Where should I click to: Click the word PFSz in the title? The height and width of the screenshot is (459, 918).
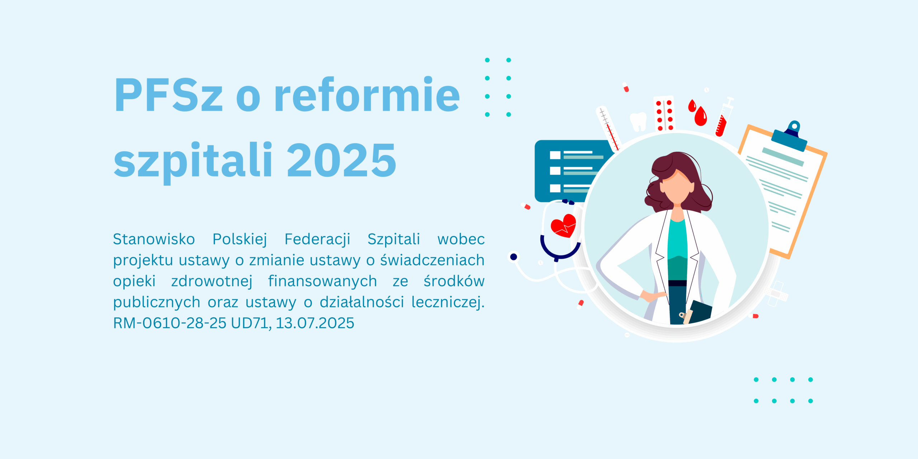169,95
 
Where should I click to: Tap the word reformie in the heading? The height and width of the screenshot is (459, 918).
367,94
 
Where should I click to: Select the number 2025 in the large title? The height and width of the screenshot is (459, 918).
341,160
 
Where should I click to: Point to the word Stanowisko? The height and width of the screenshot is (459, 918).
154,239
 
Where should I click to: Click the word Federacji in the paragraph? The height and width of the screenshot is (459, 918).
317,240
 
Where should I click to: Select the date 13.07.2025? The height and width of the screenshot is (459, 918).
315,323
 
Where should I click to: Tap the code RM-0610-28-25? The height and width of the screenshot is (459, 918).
170,323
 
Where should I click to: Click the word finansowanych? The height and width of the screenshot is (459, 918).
322,281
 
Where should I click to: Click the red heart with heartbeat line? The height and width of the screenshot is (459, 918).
563,226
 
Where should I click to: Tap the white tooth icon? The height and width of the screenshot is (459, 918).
638,122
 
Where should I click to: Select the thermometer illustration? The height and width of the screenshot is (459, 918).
608,129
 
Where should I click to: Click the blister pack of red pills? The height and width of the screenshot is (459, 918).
664,114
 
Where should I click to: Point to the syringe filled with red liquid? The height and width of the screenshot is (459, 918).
724,117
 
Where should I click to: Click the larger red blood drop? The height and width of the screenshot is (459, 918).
700,116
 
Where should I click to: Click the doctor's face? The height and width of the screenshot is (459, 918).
676,187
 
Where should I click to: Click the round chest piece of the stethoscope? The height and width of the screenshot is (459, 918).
514,257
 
